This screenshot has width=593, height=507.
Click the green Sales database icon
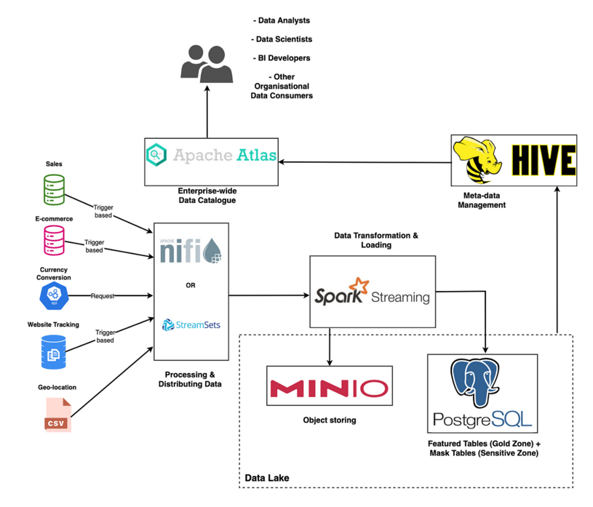pos(54,189)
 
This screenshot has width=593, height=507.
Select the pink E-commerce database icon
pos(54,240)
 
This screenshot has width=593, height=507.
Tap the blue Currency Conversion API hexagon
pos(54,295)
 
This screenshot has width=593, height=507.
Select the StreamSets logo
pos(191,324)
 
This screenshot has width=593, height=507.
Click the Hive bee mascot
pos(478,160)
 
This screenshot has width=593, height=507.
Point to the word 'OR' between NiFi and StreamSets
pos(191,286)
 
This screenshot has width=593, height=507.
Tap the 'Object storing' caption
pos(330,420)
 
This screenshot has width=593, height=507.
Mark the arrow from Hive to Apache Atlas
pos(364,161)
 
